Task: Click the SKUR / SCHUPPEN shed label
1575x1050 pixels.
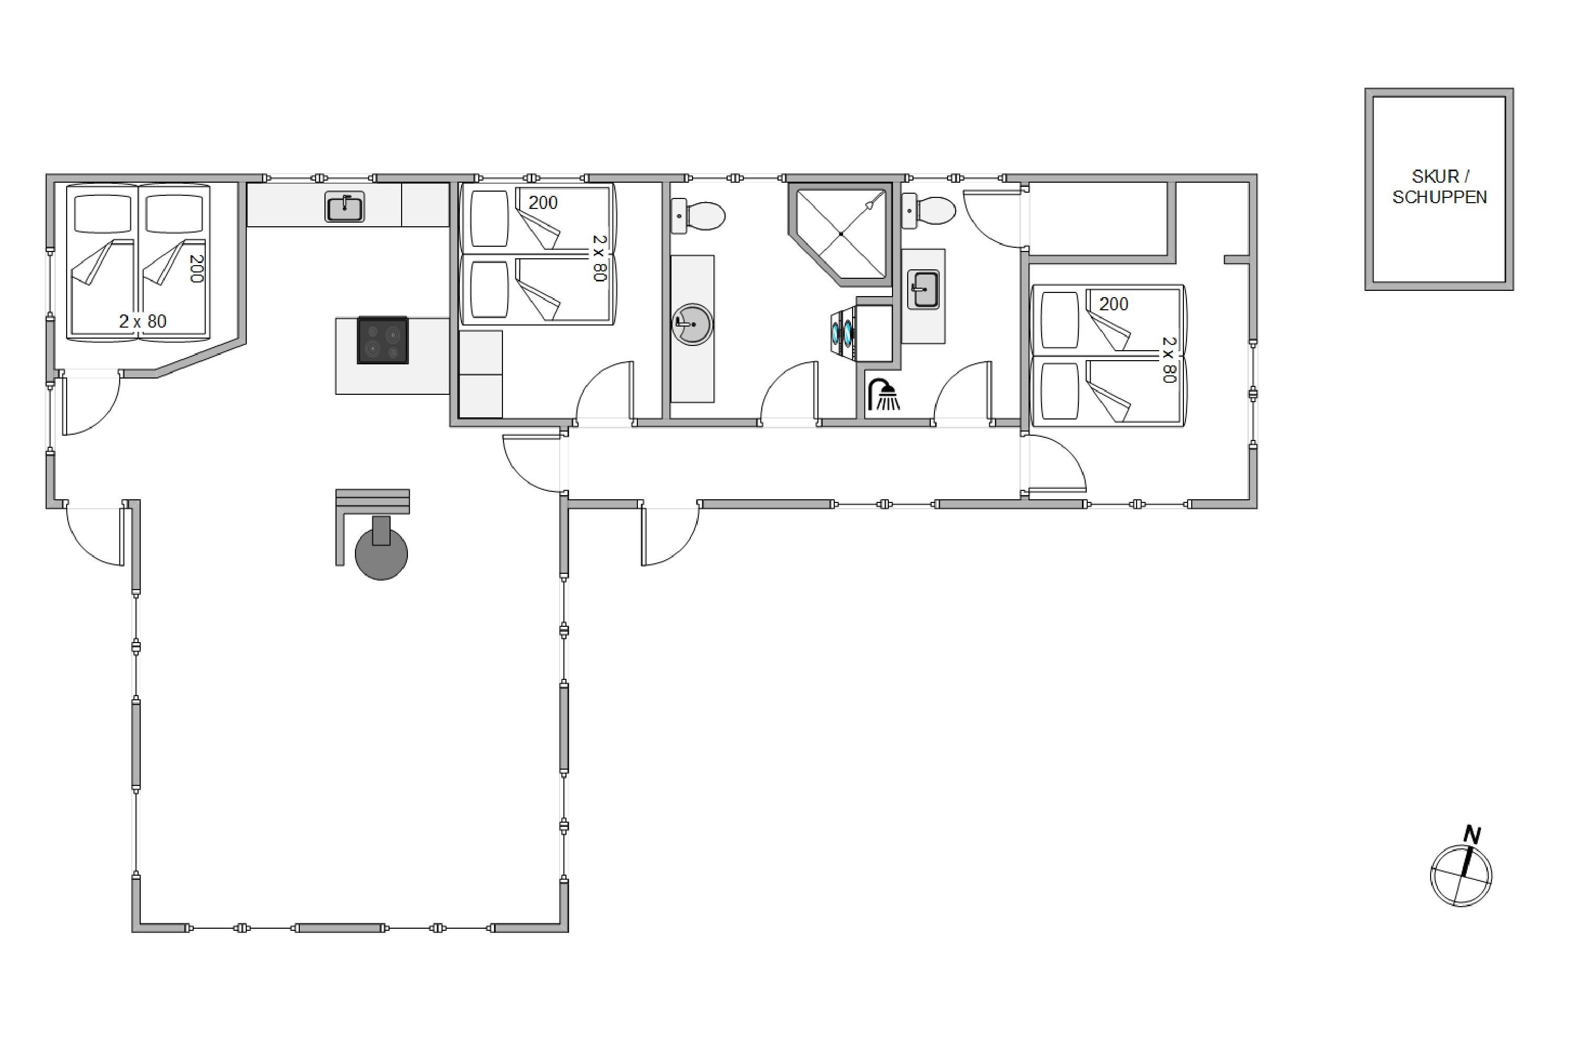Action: point(1439,187)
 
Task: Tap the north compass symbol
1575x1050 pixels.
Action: point(1461,875)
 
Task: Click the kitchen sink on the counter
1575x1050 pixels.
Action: point(345,206)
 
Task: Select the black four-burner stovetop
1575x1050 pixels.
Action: point(382,340)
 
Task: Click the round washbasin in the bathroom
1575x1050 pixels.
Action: point(692,325)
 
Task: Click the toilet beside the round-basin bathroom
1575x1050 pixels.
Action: point(698,216)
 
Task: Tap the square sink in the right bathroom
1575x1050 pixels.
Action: point(923,289)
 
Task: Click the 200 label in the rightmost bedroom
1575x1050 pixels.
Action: point(1114,304)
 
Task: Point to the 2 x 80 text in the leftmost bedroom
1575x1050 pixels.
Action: point(143,321)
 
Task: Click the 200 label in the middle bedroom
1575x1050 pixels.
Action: point(543,202)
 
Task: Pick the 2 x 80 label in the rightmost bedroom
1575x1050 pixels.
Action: point(1169,360)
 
